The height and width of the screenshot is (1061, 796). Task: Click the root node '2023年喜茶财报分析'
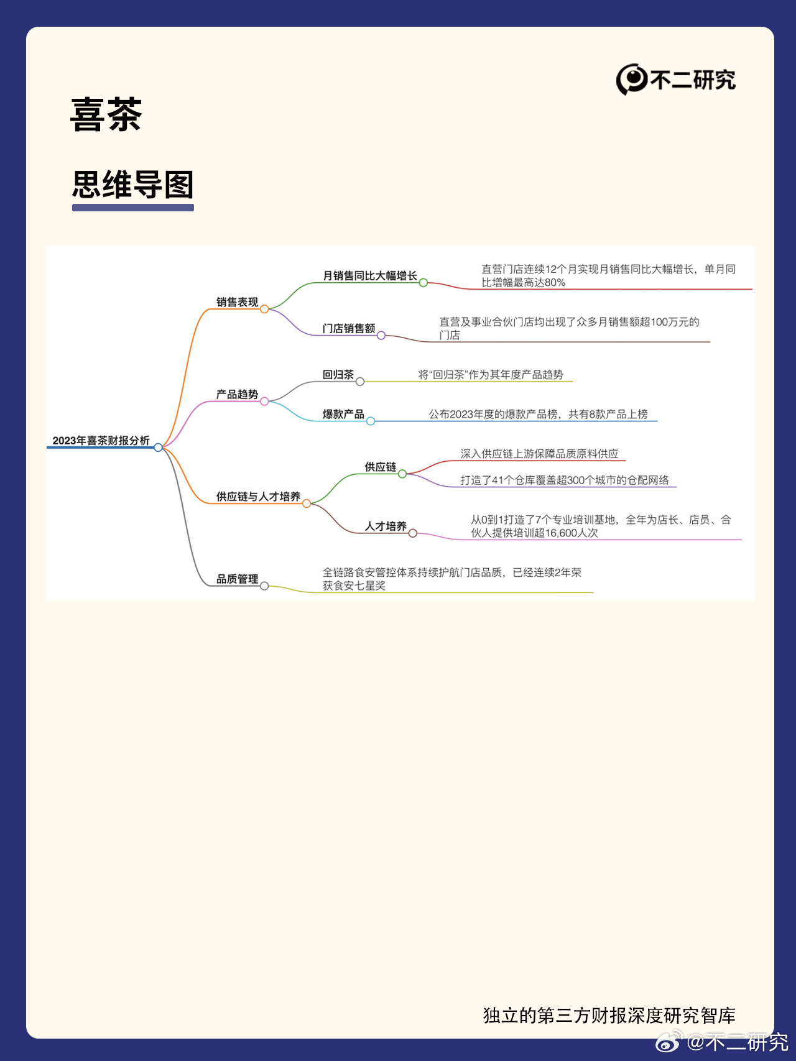pyautogui.click(x=101, y=441)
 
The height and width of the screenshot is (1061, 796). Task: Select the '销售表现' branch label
pyautogui.click(x=237, y=302)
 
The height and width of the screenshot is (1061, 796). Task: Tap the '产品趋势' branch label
pyautogui.click(x=237, y=395)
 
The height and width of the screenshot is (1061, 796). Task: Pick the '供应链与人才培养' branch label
pyautogui.click(x=258, y=497)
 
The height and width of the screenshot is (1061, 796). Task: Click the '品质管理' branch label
pyautogui.click(x=237, y=579)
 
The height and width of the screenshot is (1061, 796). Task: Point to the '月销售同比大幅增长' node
pyautogui.click(x=370, y=276)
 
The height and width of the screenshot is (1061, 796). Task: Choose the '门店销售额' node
pyautogui.click(x=349, y=329)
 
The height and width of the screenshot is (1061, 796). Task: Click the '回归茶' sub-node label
pyautogui.click(x=338, y=375)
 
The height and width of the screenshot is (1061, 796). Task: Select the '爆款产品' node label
pyautogui.click(x=343, y=415)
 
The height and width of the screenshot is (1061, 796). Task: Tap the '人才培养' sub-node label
pyautogui.click(x=386, y=526)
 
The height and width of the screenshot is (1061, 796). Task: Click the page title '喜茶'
pyautogui.click(x=106, y=115)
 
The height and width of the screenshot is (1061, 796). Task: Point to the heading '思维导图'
pyautogui.click(x=133, y=185)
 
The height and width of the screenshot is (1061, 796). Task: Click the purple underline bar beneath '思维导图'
pyautogui.click(x=133, y=208)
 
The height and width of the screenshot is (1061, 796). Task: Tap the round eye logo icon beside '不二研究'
pyautogui.click(x=631, y=80)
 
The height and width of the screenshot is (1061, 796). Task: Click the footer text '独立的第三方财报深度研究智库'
pyautogui.click(x=609, y=1016)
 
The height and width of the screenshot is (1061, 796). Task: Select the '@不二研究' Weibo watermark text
pyautogui.click(x=738, y=1042)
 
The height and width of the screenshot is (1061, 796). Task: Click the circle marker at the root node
pyautogui.click(x=158, y=448)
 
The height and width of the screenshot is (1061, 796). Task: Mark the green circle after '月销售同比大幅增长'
pyautogui.click(x=423, y=283)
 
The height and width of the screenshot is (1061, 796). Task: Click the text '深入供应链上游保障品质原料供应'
pyautogui.click(x=539, y=454)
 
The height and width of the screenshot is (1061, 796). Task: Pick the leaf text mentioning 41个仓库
pyautogui.click(x=565, y=480)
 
